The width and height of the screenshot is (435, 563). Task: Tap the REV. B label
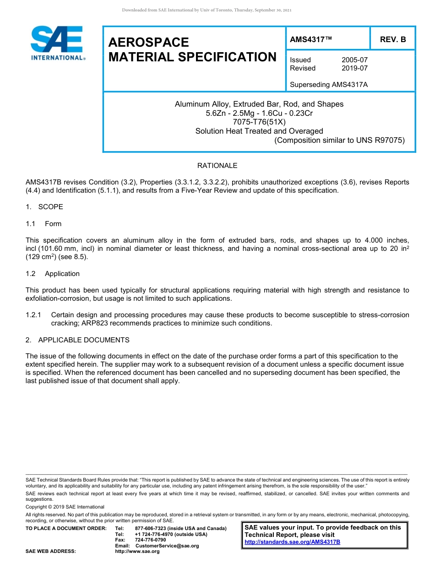point(392,40)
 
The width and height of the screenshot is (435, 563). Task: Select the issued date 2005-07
point(354,60)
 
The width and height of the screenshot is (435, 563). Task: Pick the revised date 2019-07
point(354,68)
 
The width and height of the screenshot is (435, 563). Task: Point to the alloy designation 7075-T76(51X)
point(259,122)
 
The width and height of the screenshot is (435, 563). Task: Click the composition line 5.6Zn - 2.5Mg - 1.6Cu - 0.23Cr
point(259,113)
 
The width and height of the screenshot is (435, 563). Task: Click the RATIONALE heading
point(217,166)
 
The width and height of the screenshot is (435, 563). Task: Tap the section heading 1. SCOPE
point(44,207)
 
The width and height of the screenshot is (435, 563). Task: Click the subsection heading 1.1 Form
point(43,224)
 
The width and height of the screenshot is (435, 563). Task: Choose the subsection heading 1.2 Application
point(53,274)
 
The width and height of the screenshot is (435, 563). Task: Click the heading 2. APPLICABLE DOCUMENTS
point(77,340)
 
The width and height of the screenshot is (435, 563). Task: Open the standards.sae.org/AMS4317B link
point(292,542)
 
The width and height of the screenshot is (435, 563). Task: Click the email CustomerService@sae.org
point(167,546)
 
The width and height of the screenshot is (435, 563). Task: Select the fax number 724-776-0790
point(150,540)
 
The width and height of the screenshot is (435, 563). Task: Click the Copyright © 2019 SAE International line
point(65,507)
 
